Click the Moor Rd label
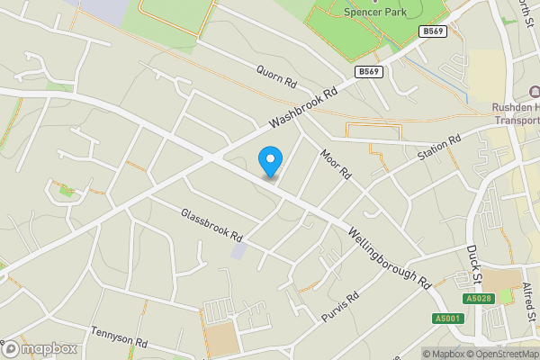[334, 162]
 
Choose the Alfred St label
[529, 301]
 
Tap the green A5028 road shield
[481, 299]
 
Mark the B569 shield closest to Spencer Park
[434, 31]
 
